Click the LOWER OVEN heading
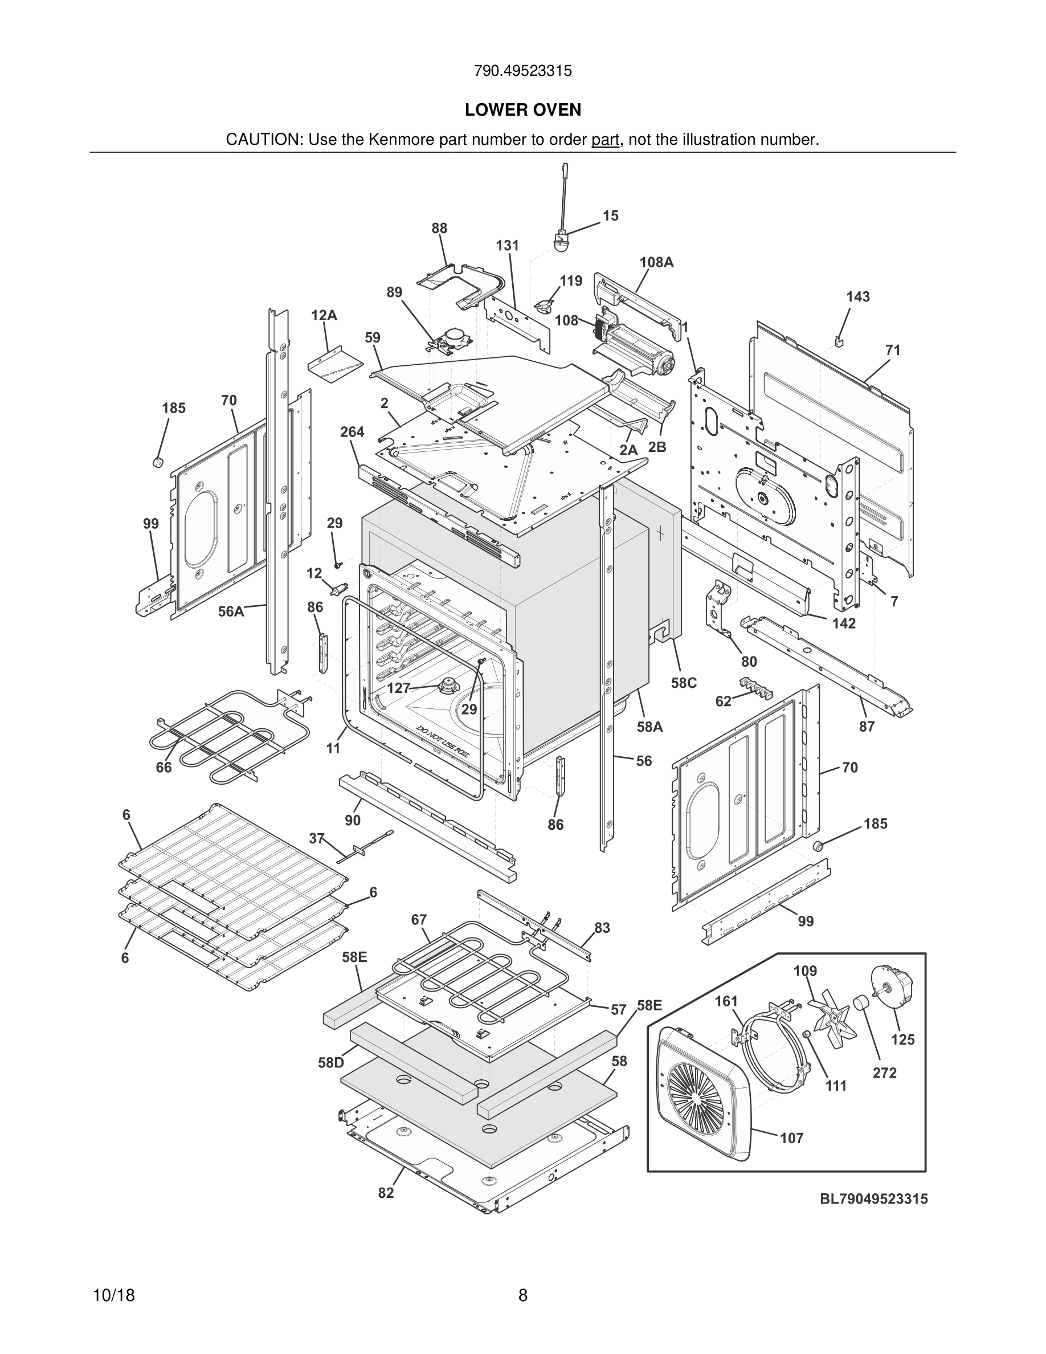(x=523, y=110)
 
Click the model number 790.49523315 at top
(x=522, y=71)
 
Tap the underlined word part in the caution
(x=606, y=140)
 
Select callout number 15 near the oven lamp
(x=610, y=216)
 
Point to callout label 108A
(x=656, y=262)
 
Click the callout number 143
(x=857, y=297)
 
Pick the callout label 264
(x=352, y=431)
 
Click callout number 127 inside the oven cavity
(x=398, y=688)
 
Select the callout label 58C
(x=684, y=683)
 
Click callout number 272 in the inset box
(x=884, y=1072)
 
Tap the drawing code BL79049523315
(x=874, y=1198)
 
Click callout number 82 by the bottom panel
(x=386, y=1192)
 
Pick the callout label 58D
(x=330, y=1063)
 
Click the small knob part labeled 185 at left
(x=157, y=461)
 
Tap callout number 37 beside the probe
(x=317, y=839)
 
